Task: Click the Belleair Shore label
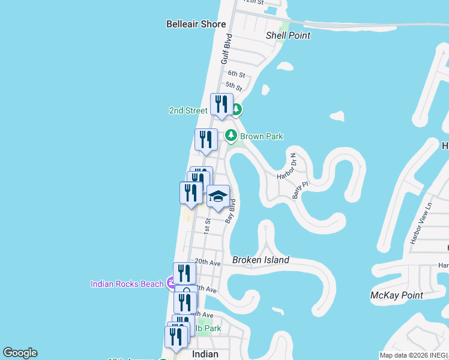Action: (196, 24)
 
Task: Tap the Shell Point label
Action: (288, 35)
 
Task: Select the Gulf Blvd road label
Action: (226, 49)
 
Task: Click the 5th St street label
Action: (234, 88)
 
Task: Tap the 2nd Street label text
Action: (188, 110)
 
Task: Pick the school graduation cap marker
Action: (218, 196)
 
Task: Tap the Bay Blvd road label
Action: (230, 211)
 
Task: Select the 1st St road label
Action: (207, 226)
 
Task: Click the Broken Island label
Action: (261, 260)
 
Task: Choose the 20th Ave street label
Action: (208, 262)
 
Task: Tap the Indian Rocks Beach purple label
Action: (127, 284)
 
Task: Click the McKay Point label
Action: (397, 295)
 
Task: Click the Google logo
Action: (20, 353)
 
